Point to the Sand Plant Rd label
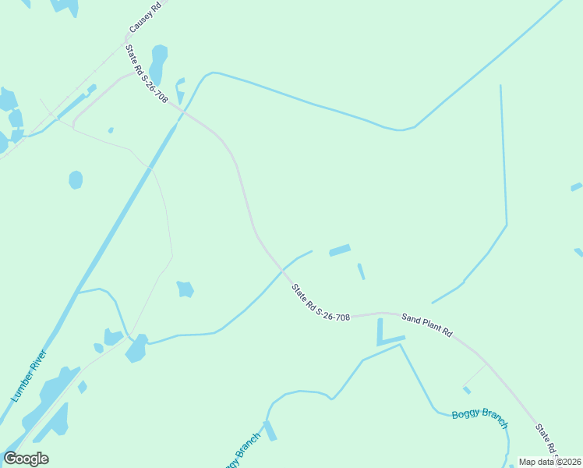(426, 324)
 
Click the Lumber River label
(29, 376)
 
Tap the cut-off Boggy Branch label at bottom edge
(242, 450)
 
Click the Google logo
(26, 459)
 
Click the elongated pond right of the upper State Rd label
(158, 64)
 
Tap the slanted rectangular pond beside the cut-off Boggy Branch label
(270, 431)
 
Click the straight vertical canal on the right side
(503, 156)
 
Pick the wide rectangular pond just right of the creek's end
(340, 250)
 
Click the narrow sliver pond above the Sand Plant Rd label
(361, 271)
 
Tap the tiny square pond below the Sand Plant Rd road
(466, 390)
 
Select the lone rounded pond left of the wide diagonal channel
(76, 180)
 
